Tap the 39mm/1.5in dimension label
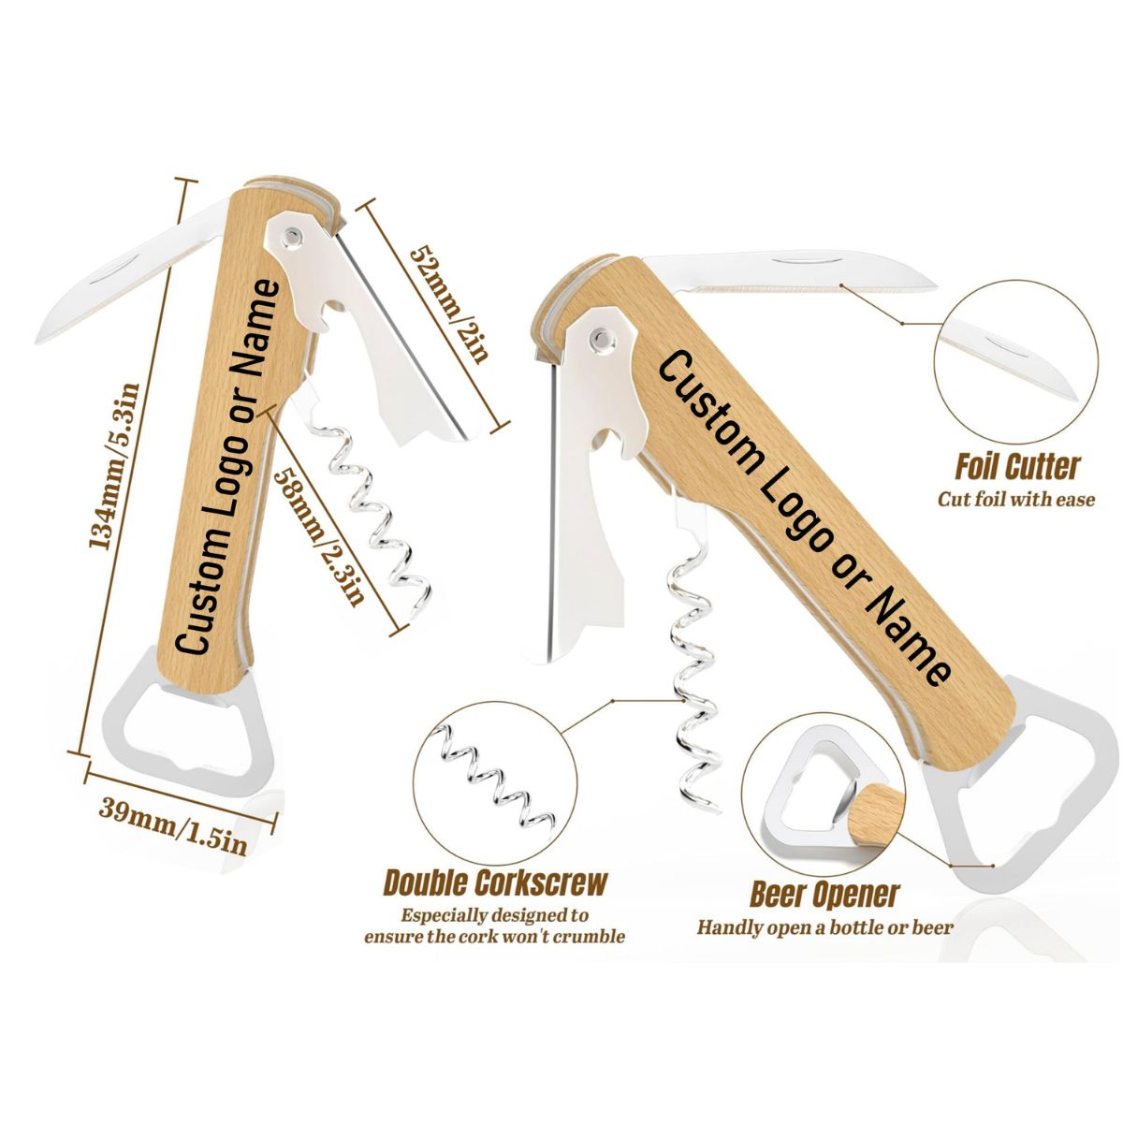point(175,828)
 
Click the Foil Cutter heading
point(1016,467)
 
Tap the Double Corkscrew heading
point(495,882)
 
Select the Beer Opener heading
point(824,895)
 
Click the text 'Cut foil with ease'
point(1016,499)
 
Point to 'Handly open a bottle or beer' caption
point(824,927)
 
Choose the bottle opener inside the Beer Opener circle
point(812,786)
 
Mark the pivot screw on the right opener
point(601,334)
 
